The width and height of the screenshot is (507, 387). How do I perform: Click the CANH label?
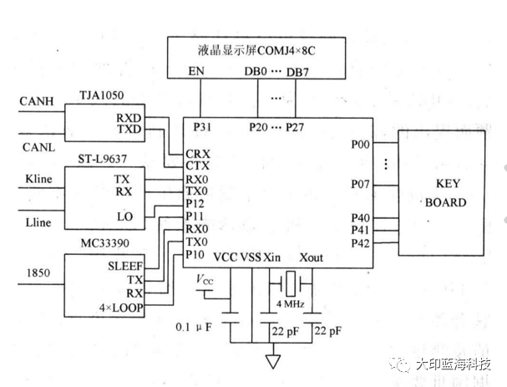click(x=37, y=101)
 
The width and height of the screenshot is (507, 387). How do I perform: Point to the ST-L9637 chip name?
click(x=102, y=160)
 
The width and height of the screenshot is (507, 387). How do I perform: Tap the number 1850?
click(x=38, y=272)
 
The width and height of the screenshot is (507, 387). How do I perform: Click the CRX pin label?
click(x=199, y=154)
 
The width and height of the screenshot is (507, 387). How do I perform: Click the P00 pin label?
click(x=362, y=144)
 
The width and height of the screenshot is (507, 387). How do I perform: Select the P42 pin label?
click(x=362, y=243)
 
